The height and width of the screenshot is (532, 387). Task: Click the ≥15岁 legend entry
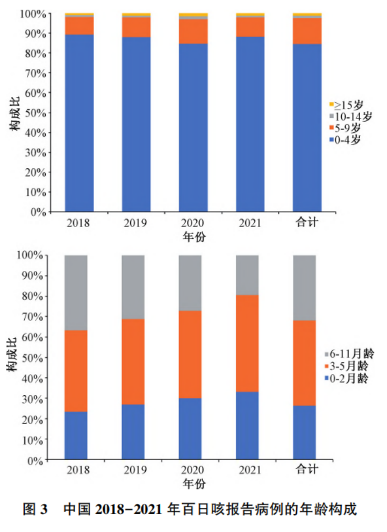coord(346,105)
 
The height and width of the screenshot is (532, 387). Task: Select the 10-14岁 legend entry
coord(350,116)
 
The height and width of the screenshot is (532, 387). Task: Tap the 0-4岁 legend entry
coord(345,139)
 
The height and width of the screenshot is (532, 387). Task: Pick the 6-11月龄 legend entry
coord(349,354)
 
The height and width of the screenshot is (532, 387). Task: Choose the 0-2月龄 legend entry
coord(346,378)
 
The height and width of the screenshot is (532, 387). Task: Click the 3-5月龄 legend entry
coord(346,366)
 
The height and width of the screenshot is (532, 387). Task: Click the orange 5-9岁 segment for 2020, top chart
coord(193,32)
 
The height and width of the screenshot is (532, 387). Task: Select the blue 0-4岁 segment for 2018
coord(80,123)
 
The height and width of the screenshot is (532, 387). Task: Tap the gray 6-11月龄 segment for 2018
coord(76,293)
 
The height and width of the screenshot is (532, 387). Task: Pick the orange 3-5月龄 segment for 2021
coord(247,343)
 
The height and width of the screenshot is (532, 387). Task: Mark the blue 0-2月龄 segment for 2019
coord(133,432)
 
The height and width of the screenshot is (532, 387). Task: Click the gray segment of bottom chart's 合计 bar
coord(304,288)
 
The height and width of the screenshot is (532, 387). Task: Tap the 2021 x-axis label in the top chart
coord(250,223)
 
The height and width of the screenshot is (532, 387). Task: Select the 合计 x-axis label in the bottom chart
coord(307,469)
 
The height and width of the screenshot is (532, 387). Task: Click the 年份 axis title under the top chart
coord(194,237)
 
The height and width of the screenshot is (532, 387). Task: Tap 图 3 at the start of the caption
coord(35,509)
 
